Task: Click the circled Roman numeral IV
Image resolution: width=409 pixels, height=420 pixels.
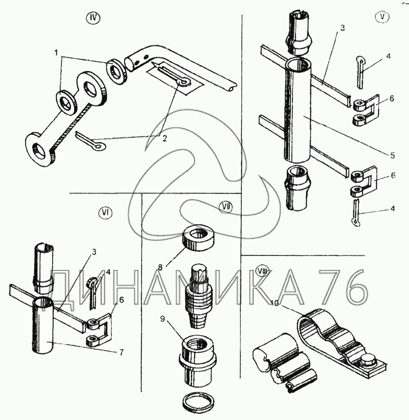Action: coord(93,18)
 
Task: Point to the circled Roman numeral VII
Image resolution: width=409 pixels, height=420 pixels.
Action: coord(225,207)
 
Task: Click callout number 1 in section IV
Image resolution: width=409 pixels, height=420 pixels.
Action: coord(57,53)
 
